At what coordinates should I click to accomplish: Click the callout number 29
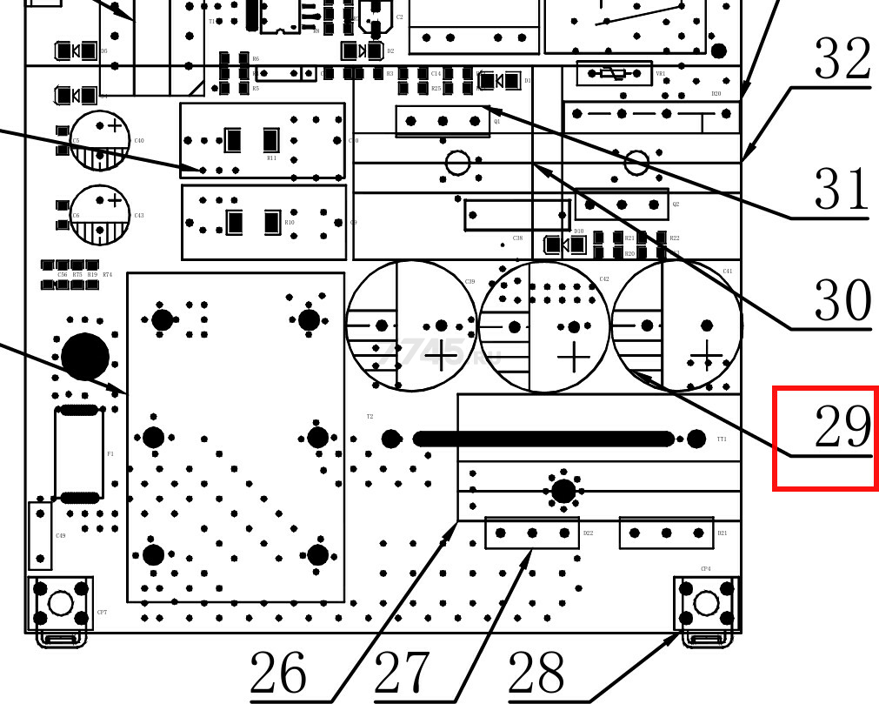click(841, 427)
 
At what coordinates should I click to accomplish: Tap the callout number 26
click(278, 674)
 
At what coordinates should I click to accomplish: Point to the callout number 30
click(842, 300)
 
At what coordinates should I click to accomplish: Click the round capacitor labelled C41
click(677, 326)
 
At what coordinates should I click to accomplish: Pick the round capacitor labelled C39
click(412, 326)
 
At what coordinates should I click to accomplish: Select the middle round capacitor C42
click(544, 326)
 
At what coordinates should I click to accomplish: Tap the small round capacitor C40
click(100, 139)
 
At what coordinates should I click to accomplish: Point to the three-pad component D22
click(532, 533)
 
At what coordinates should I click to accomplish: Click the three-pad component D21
click(666, 533)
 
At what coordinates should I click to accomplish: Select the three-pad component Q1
click(443, 121)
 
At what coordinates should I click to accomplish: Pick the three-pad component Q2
click(622, 204)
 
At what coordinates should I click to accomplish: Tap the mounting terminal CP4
click(706, 603)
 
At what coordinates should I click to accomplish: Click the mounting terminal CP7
click(60, 603)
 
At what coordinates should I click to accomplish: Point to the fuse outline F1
click(78, 453)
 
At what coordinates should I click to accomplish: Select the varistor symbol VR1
click(614, 74)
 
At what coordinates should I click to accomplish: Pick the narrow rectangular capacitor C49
click(38, 534)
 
